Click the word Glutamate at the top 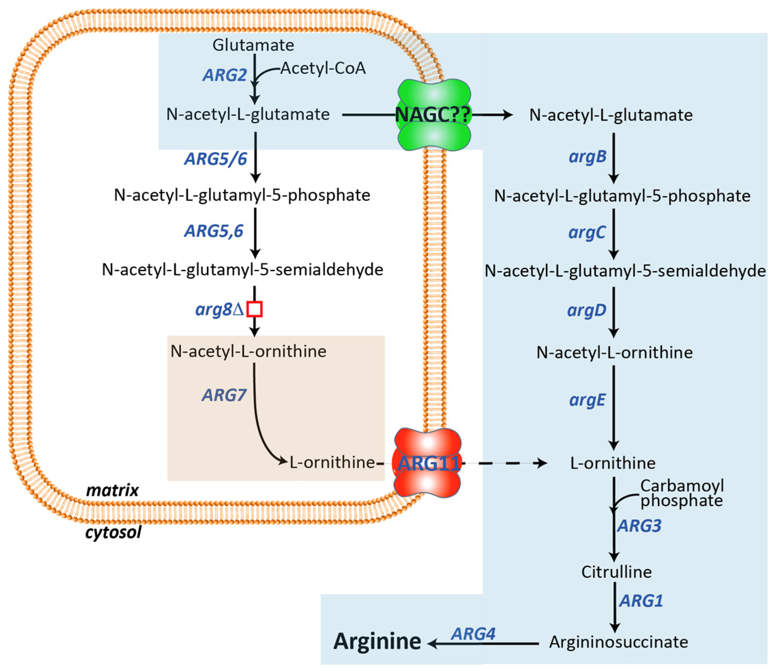[x=253, y=45]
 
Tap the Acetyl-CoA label [x=323, y=68]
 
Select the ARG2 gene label [x=225, y=75]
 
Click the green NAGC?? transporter [x=433, y=115]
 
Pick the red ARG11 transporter [x=427, y=463]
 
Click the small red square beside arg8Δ [x=254, y=309]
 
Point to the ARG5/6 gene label [x=215, y=159]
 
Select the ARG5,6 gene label [x=214, y=231]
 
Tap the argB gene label [x=587, y=157]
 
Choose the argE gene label [x=587, y=400]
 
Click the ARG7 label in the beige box [x=224, y=395]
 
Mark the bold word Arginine [x=377, y=641]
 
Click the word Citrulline [x=616, y=572]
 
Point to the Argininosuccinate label [x=618, y=642]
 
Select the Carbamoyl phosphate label [x=682, y=493]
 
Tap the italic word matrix [x=112, y=490]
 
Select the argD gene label [x=586, y=310]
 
